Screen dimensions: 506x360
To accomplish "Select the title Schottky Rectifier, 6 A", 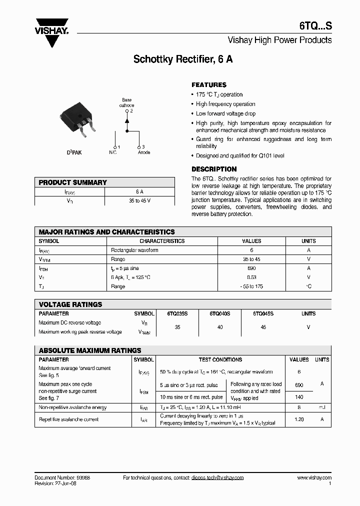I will pyautogui.click(x=182, y=59).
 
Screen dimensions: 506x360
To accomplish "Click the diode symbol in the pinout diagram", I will pyautogui.click(x=127, y=121).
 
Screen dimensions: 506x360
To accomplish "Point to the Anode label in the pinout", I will pyautogui.click(x=143, y=152).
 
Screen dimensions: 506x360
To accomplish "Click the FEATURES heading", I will pyautogui.click(x=209, y=85).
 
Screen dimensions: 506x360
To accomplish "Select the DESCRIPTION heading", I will pyautogui.click(x=214, y=169).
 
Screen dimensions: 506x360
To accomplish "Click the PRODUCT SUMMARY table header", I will pyautogui.click(x=73, y=182).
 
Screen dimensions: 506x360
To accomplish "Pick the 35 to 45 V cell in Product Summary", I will pyautogui.click(x=139, y=200).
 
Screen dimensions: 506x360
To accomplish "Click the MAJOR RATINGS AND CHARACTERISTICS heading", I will pyautogui.click(x=107, y=232).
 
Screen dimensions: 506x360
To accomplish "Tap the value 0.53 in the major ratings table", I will pyautogui.click(x=251, y=277).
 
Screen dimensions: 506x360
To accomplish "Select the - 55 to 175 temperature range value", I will pyautogui.click(x=251, y=286).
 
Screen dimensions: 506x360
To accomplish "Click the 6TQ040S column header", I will pyautogui.click(x=220, y=314).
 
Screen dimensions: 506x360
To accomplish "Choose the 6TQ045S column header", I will pyautogui.click(x=263, y=314).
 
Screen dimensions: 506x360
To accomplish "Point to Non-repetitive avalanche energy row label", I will pyautogui.click(x=72, y=408).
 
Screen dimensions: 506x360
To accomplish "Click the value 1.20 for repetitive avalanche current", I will pyautogui.click(x=299, y=419).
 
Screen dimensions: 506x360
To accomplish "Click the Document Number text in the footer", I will pyautogui.click(x=62, y=478).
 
